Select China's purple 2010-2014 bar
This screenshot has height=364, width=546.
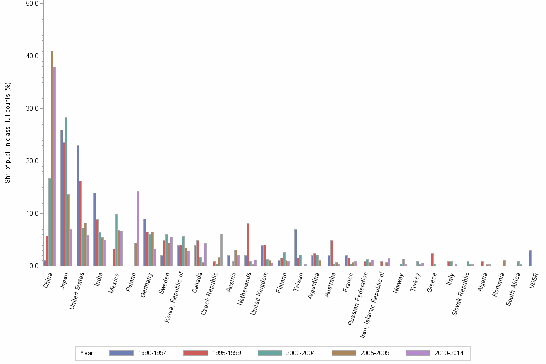54,166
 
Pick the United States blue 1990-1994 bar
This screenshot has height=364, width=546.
78,206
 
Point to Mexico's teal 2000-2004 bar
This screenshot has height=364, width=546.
117,240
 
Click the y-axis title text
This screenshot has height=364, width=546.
7,133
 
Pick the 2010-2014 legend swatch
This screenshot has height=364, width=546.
418,353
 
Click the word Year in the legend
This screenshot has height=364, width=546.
87,353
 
